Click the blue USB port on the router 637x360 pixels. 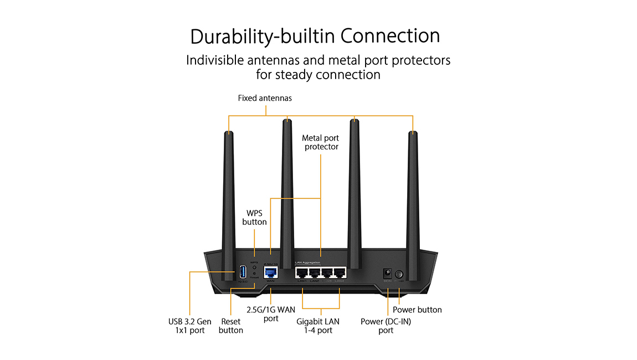click(243, 271)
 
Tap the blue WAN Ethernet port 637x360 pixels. click(270, 272)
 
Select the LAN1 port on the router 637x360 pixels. click(302, 272)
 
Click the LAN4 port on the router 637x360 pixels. click(339, 272)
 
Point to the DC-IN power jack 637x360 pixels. click(388, 273)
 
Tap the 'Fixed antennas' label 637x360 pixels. click(265, 98)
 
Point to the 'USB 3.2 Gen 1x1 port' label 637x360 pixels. click(190, 326)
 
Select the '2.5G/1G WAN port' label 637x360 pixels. click(270, 314)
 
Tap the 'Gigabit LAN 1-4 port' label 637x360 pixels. click(317, 326)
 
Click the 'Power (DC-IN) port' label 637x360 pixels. click(386, 326)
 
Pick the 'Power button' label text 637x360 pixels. click(417, 310)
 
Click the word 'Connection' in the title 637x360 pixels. click(390, 36)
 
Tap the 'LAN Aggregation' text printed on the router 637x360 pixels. click(307, 262)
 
